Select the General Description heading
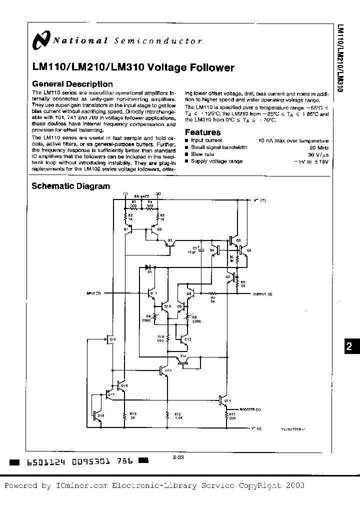[72, 84]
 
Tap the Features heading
[202, 132]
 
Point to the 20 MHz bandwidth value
[319, 147]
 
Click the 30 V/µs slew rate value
[318, 154]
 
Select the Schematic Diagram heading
[70, 186]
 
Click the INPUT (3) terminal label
[93, 292]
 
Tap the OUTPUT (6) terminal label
[263, 294]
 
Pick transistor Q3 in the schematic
[168, 242]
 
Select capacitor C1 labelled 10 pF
[200, 250]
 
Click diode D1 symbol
[148, 267]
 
